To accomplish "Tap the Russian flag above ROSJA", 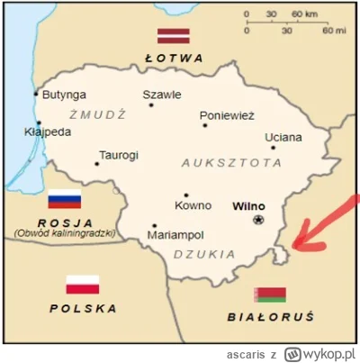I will [64, 200].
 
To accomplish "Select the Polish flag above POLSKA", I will [82, 285].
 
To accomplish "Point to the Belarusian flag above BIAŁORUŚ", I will [270, 294].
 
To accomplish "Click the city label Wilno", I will [248, 205].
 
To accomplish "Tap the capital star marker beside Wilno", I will [259, 219].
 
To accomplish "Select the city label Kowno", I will [193, 206].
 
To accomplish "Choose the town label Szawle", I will [162, 94].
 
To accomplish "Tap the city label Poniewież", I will [228, 115].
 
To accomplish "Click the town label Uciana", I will [283, 137].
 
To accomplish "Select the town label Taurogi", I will [119, 155].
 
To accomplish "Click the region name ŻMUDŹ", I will [96, 114].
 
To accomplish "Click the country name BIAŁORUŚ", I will [270, 317].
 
